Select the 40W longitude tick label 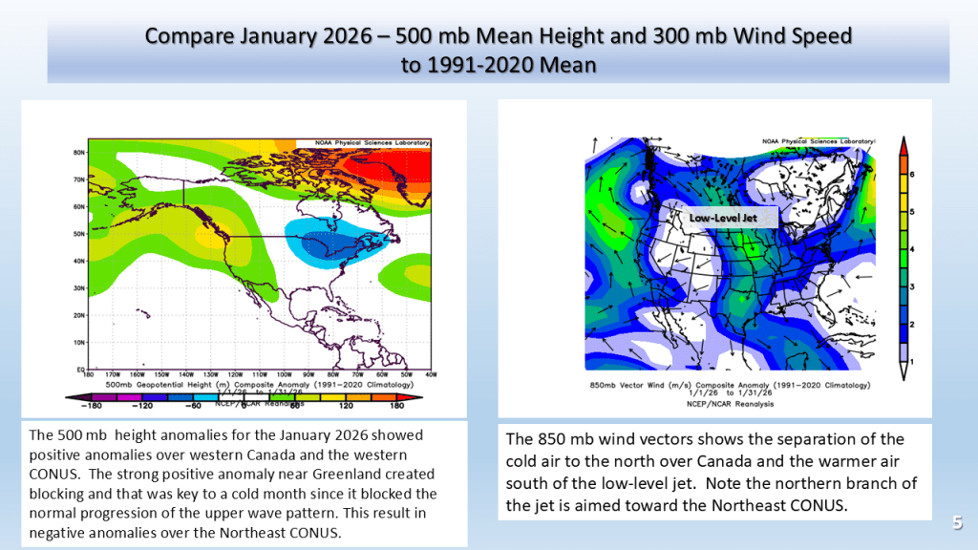point(431,375)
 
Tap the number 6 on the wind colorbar point(913,175)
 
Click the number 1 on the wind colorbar point(913,361)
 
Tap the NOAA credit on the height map point(369,143)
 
